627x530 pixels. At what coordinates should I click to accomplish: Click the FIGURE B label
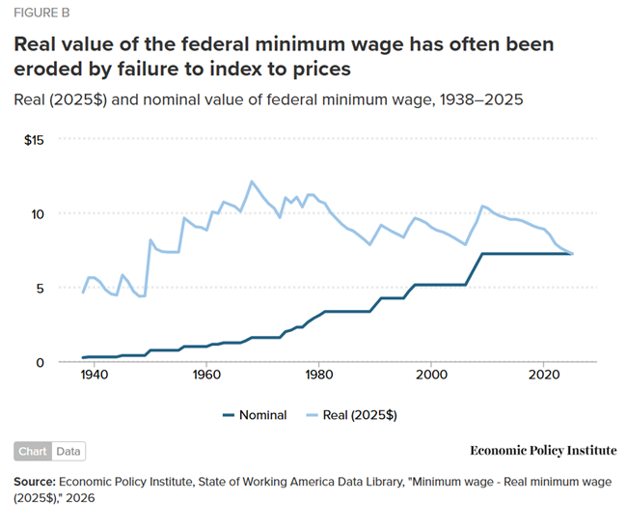[41, 14]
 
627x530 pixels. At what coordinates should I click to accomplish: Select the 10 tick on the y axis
[39, 213]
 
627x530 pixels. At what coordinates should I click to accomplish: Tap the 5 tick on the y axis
[41, 288]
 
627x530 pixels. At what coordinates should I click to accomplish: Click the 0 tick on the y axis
[41, 362]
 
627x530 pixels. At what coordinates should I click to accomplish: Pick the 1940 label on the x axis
[93, 377]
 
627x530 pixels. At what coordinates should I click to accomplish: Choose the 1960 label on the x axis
[205, 377]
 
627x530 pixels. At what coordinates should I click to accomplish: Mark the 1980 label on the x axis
[318, 377]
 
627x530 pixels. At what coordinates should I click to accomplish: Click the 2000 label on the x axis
[431, 377]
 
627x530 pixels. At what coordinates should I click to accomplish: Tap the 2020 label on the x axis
[544, 377]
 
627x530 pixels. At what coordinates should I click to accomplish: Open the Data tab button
[68, 451]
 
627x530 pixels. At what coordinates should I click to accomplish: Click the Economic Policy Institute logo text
[543, 451]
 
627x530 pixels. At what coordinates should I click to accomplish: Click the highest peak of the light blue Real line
[252, 181]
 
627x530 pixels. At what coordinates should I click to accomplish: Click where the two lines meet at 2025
[573, 254]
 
